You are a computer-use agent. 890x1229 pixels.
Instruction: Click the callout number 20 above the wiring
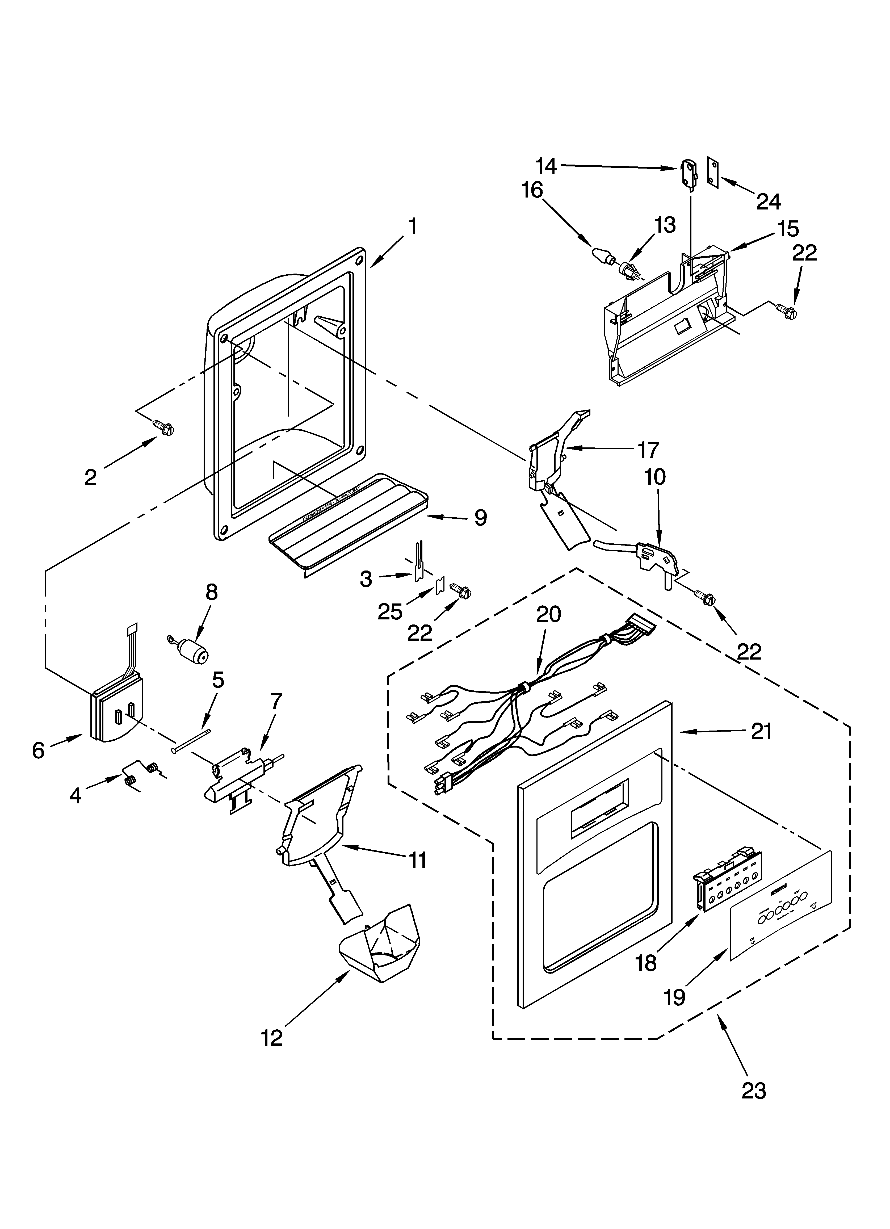[x=548, y=614]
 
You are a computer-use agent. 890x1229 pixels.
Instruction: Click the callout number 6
[x=38, y=750]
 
